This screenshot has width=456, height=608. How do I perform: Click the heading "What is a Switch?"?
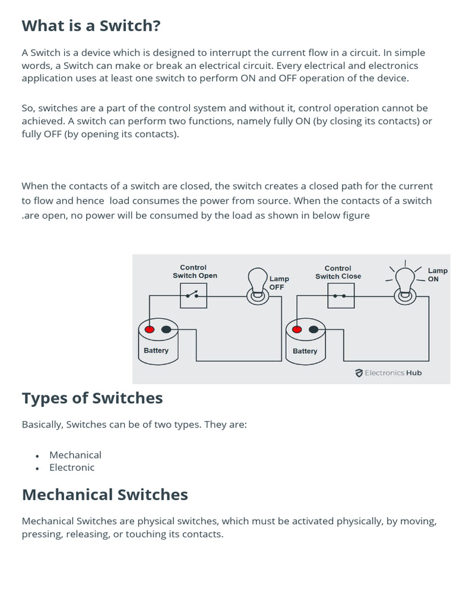point(91,27)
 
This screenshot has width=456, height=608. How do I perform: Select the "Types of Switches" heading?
point(92,398)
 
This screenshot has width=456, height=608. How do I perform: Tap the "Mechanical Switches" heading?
point(104,495)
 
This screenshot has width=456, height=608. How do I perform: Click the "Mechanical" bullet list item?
point(75,455)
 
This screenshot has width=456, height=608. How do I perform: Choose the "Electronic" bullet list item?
point(72,467)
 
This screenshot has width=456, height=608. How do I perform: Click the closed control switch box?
point(341,295)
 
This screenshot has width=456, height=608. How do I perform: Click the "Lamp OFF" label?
point(278,283)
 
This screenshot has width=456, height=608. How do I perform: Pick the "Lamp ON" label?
point(437,274)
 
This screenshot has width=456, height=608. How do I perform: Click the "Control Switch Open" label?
point(194,271)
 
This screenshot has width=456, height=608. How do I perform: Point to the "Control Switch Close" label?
point(338,272)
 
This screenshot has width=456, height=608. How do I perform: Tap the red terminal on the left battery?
point(150,329)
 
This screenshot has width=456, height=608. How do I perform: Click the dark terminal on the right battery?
point(314,329)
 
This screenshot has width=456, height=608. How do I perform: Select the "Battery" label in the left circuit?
point(156,350)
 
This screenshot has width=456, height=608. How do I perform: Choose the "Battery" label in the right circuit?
point(305,351)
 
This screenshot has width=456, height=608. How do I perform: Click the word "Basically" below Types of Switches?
point(42,425)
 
